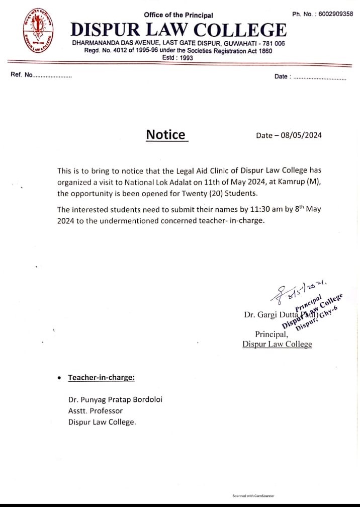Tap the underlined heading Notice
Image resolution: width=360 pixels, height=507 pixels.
point(166,134)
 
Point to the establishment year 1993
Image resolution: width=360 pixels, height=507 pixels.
point(186,58)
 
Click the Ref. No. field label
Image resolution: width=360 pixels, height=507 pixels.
point(21,75)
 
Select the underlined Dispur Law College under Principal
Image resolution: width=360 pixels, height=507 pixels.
point(277,344)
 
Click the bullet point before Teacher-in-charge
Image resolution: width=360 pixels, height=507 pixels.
point(60,378)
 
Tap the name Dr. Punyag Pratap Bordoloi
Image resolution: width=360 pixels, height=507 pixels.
point(115,399)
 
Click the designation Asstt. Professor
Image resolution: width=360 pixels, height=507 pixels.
point(96,410)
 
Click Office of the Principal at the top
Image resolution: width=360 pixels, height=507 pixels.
point(178,15)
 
